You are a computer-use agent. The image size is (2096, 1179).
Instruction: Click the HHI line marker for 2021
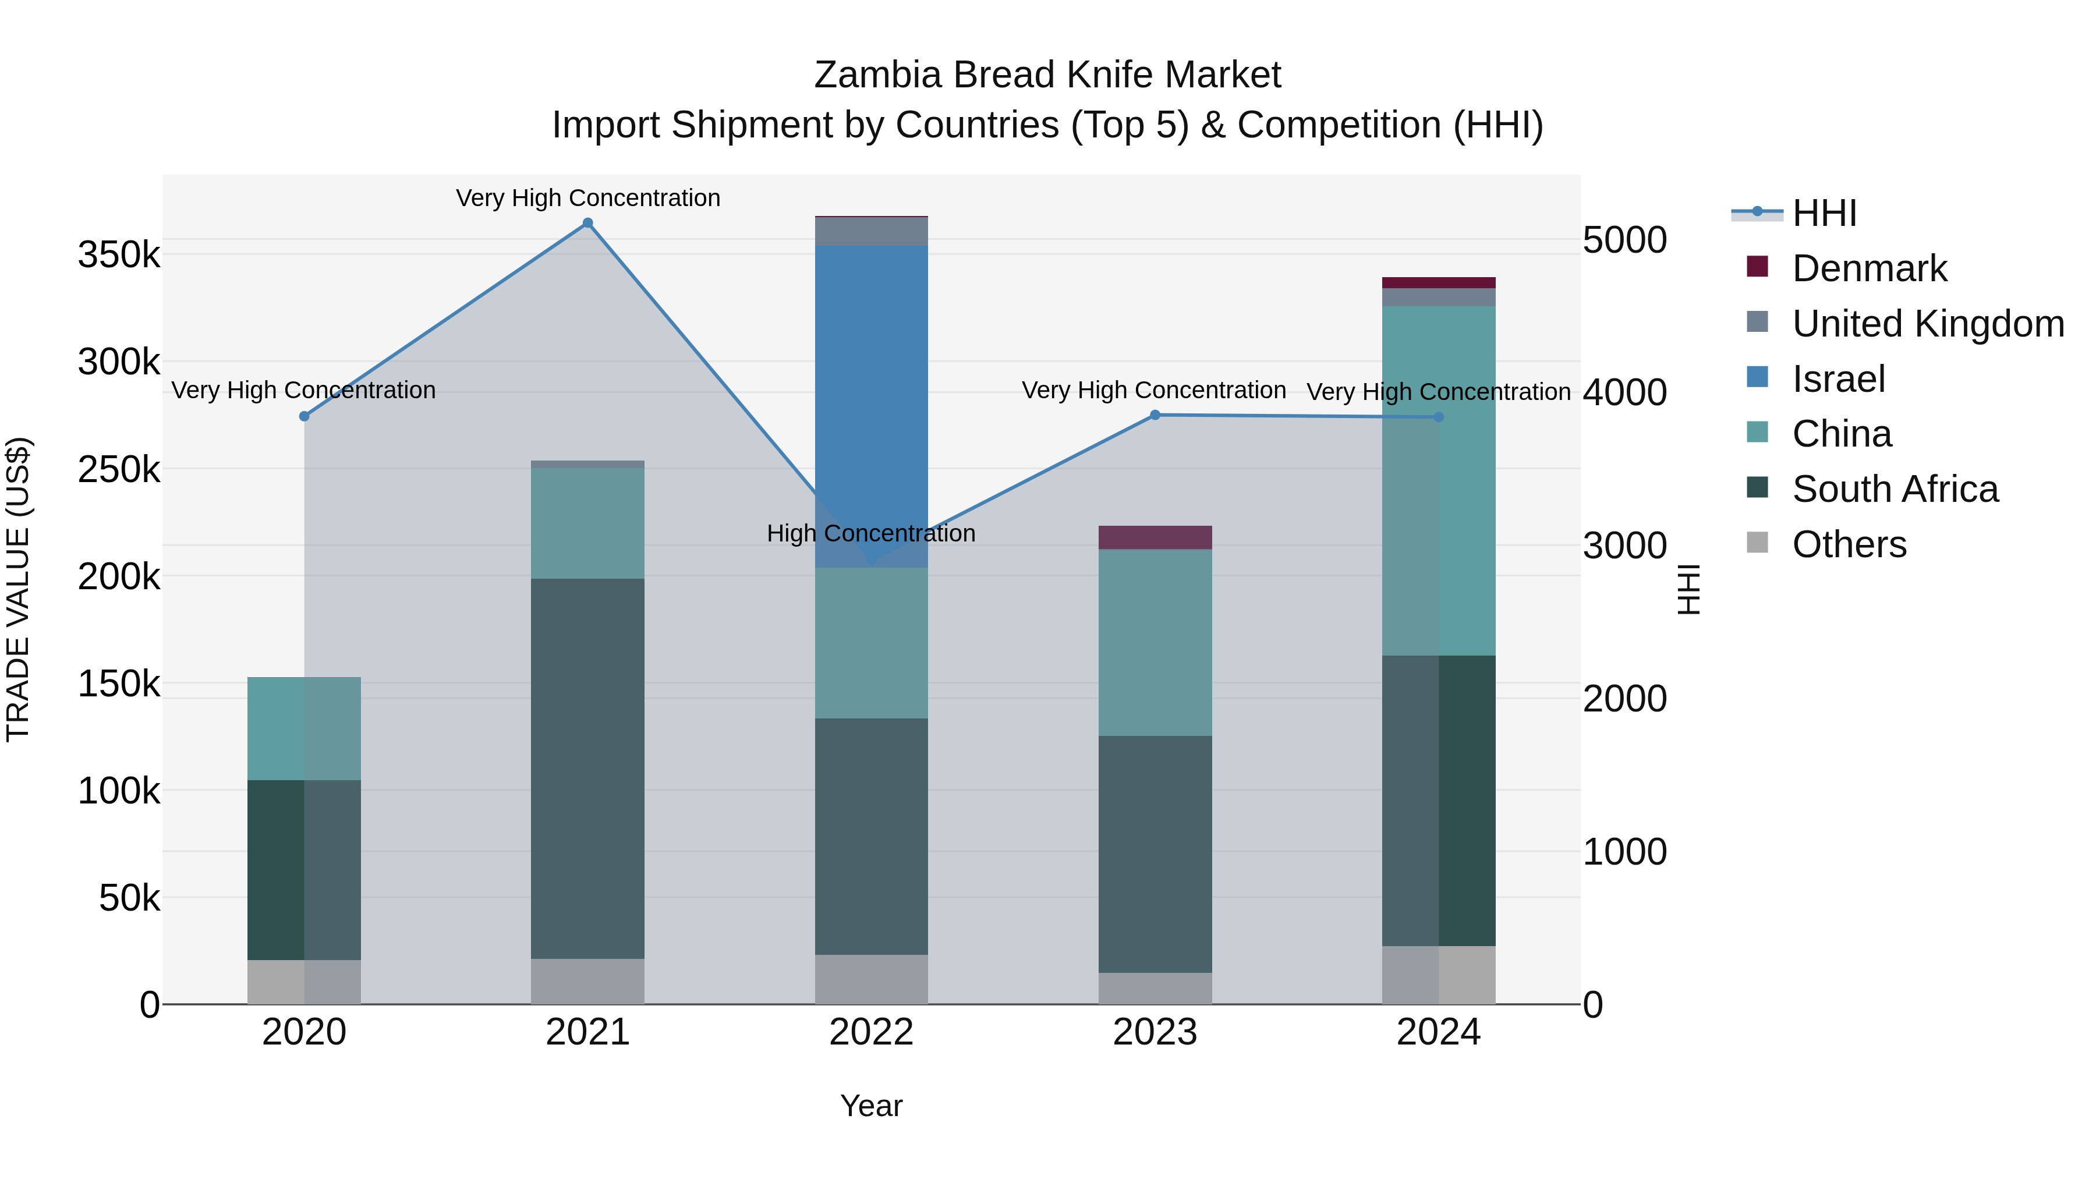point(587,223)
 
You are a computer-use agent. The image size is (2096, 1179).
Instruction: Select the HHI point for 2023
point(1155,415)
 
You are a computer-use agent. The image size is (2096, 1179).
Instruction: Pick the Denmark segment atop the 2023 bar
point(1155,537)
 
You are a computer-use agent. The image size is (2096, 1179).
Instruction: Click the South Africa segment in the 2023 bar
point(1155,854)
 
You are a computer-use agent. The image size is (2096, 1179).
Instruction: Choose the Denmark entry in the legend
point(1869,268)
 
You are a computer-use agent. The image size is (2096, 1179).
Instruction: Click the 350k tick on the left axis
point(119,254)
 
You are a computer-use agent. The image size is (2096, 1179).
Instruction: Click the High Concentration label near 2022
point(870,534)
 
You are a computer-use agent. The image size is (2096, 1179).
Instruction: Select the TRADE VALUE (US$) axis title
point(19,589)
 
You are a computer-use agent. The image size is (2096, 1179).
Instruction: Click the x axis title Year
point(870,1106)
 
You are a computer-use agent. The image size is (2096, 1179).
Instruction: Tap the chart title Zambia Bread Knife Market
point(1047,75)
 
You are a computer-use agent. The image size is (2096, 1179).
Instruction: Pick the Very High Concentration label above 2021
point(587,198)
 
